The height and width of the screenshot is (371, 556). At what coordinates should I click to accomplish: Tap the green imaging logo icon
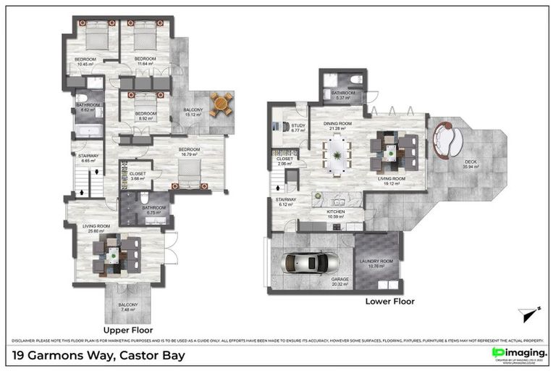pyautogui.click(x=497, y=352)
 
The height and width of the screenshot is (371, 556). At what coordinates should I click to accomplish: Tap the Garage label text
pyautogui.click(x=340, y=280)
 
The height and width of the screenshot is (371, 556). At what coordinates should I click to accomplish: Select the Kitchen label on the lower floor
pyautogui.click(x=334, y=212)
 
